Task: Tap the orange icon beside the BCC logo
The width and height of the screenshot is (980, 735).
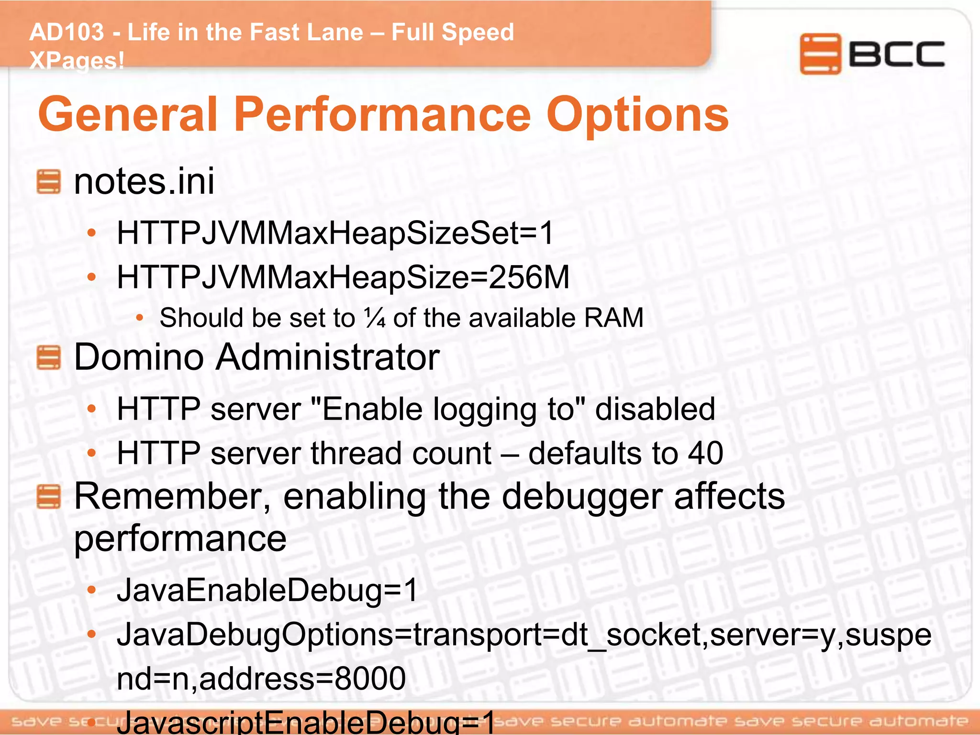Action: pyautogui.click(x=820, y=54)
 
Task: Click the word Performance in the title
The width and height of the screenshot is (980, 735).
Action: pyautogui.click(x=382, y=115)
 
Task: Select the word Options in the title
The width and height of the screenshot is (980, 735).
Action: pyautogui.click(x=637, y=115)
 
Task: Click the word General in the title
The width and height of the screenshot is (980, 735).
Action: pyautogui.click(x=128, y=115)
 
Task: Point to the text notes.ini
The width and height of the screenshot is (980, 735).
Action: pyautogui.click(x=144, y=182)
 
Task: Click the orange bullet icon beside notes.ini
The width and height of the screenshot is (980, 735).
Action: pyautogui.click(x=48, y=182)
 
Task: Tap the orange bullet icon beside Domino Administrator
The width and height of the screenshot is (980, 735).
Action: pyautogui.click(x=48, y=358)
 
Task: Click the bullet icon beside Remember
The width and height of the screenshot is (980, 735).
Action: pyautogui.click(x=48, y=496)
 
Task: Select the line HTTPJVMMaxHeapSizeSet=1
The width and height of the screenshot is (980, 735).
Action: pyautogui.click(x=335, y=234)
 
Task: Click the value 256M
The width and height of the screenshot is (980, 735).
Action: pyautogui.click(x=529, y=277)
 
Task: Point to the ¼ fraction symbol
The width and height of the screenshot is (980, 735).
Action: pyautogui.click(x=375, y=318)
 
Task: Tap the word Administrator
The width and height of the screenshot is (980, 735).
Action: pyautogui.click(x=327, y=357)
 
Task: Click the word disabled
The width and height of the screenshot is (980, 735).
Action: pyautogui.click(x=655, y=410)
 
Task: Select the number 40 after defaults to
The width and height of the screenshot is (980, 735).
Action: pyautogui.click(x=705, y=453)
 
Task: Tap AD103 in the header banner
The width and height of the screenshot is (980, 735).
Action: pyautogui.click(x=67, y=33)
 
